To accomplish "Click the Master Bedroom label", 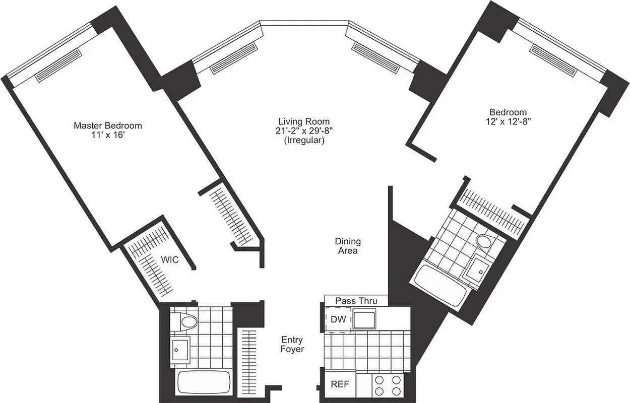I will click(x=107, y=125).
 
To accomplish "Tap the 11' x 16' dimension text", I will click(x=107, y=136).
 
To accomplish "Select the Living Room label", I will click(x=304, y=121).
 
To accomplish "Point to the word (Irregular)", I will click(x=304, y=141).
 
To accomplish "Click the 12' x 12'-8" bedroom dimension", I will click(x=508, y=121).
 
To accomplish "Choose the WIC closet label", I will click(x=169, y=260).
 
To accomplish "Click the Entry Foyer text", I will click(x=292, y=344).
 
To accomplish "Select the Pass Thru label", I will click(x=356, y=301).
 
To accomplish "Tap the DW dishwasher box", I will click(x=338, y=319).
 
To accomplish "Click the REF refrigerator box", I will click(x=340, y=384).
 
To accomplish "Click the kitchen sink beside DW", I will click(x=364, y=319).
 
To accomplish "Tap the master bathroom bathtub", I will click(x=204, y=383).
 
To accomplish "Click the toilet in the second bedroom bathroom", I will click(x=484, y=242).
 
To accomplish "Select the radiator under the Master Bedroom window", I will click(x=58, y=65).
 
